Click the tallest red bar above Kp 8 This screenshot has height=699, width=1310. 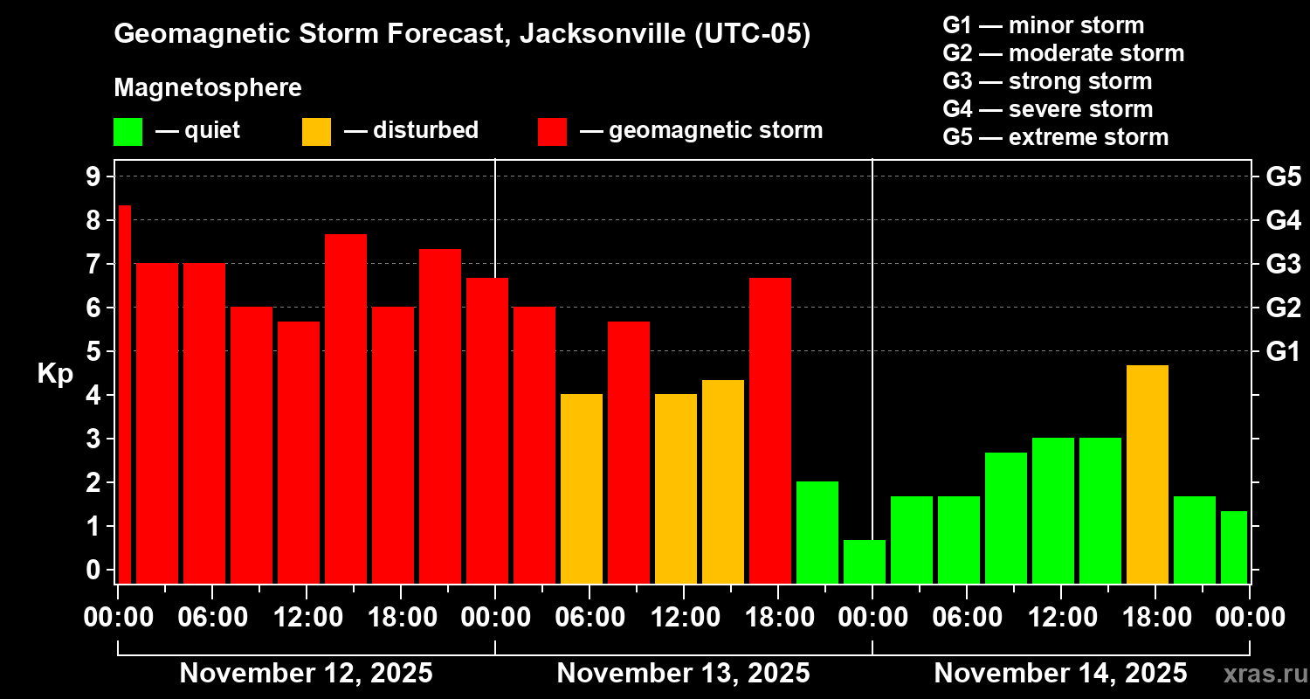(x=124, y=393)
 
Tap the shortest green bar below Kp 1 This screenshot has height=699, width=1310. (x=864, y=561)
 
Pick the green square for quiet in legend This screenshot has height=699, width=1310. (x=128, y=132)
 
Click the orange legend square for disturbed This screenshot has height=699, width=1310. (x=316, y=132)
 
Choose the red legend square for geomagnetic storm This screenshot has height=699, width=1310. (x=552, y=132)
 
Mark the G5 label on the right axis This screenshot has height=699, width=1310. (x=1283, y=177)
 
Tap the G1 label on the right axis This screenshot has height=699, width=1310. (x=1283, y=352)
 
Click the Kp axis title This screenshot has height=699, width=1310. (x=55, y=374)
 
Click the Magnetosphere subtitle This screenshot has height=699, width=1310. (x=208, y=88)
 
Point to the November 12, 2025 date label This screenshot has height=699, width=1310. (x=306, y=674)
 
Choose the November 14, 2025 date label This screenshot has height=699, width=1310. (x=1060, y=674)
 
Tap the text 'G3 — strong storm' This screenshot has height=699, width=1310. (x=1047, y=81)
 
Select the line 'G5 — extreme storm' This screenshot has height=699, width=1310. (x=1055, y=137)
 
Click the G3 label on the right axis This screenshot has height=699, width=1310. (x=1283, y=265)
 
